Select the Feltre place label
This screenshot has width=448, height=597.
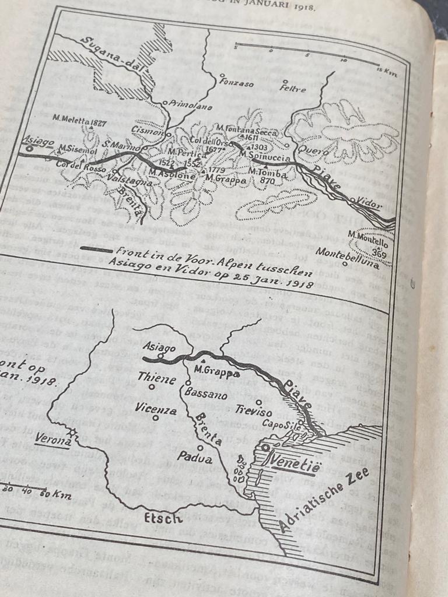292,88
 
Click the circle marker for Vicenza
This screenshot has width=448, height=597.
156,418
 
